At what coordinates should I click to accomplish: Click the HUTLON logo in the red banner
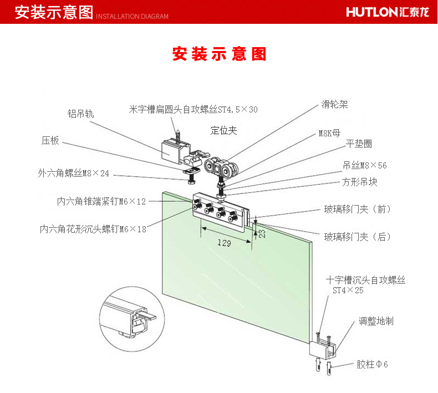pos(388,12)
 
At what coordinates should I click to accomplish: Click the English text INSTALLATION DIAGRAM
pos(132,17)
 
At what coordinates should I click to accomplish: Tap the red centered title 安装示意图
pos(219,54)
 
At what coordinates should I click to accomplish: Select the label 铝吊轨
pos(80,114)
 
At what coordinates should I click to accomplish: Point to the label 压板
pos(50,140)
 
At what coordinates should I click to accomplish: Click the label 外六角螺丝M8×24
pos(74,173)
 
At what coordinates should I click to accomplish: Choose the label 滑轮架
pos(334,104)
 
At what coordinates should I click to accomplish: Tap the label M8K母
pos(330,133)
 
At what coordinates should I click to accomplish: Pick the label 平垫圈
pos(359,144)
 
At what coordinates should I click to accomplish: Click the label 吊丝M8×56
pos(365,165)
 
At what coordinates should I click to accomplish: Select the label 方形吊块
pos(359,182)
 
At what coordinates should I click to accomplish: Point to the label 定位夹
pos(223,130)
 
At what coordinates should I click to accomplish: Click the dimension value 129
pos(225,243)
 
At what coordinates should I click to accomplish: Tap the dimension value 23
pos(262,233)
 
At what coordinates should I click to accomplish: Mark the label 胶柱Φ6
pos(372,364)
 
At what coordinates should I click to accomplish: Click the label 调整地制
pos(376,321)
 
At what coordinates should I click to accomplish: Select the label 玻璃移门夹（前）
pos(357,209)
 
